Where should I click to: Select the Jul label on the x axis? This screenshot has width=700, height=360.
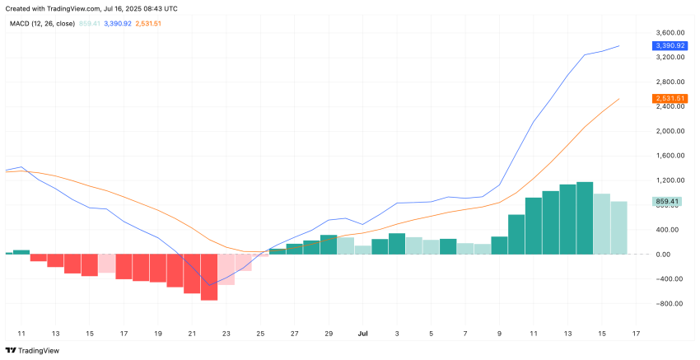tap(362, 334)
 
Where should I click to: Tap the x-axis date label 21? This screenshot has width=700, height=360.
tap(191, 334)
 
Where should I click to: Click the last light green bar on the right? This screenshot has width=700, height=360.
tap(618, 227)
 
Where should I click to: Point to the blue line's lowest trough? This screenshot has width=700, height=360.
tap(208, 285)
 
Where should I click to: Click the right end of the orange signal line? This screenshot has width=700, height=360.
tap(618, 99)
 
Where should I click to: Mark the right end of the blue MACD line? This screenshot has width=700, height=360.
tap(618, 46)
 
